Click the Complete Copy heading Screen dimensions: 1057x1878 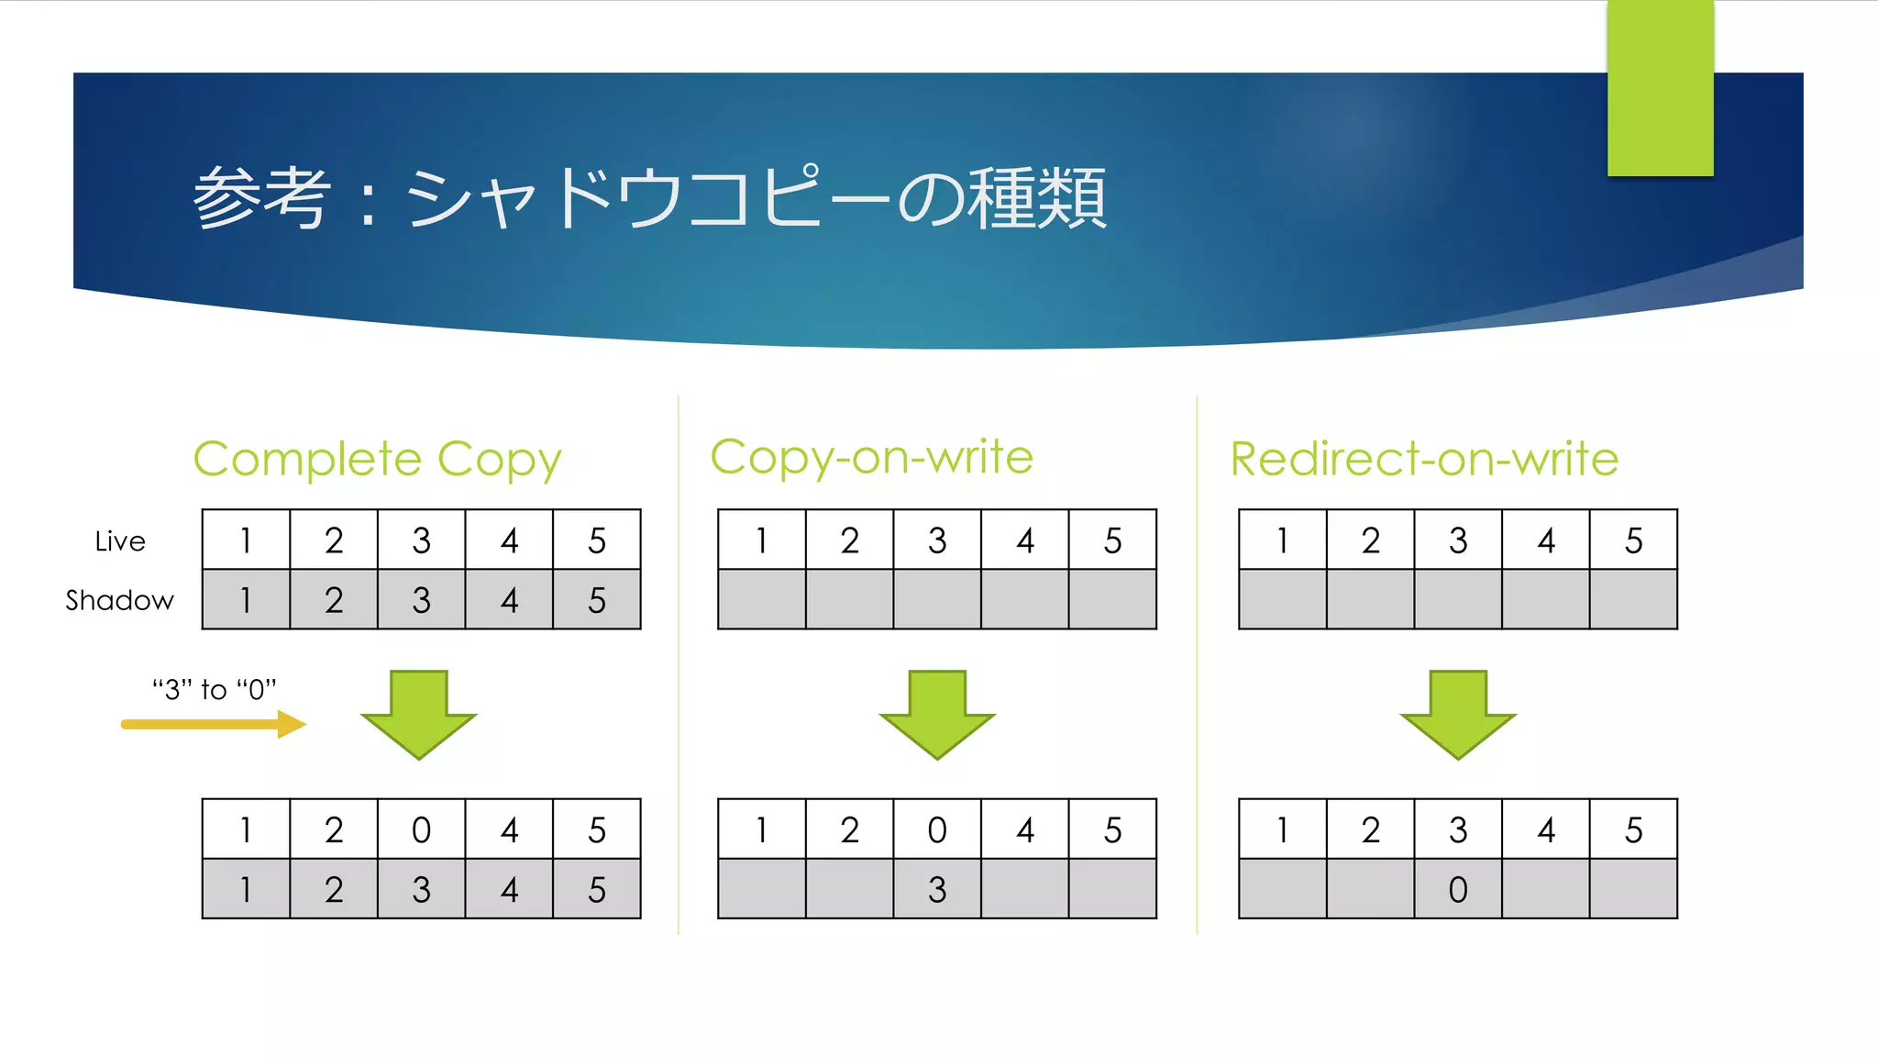point(377,459)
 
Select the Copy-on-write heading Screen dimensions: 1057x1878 point(871,457)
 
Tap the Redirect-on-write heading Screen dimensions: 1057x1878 point(1424,459)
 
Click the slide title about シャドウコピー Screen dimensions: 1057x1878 point(649,197)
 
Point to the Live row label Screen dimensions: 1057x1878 point(120,541)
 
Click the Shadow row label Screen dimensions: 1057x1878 point(119,600)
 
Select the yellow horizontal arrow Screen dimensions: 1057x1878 point(214,724)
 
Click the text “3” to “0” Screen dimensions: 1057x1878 point(215,689)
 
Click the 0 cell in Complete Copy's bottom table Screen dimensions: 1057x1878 point(421,829)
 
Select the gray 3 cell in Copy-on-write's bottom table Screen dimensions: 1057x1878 point(937,889)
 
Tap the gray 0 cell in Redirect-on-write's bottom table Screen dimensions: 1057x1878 point(1458,889)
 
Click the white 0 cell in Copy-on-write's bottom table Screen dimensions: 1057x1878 point(937,829)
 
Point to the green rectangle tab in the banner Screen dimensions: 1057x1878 point(1660,88)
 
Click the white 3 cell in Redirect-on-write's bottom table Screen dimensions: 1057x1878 point(1458,829)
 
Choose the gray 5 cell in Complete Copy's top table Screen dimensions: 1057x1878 point(597,600)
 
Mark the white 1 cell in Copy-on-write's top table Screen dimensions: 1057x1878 point(762,540)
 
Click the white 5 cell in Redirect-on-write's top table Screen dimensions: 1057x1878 point(1633,540)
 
